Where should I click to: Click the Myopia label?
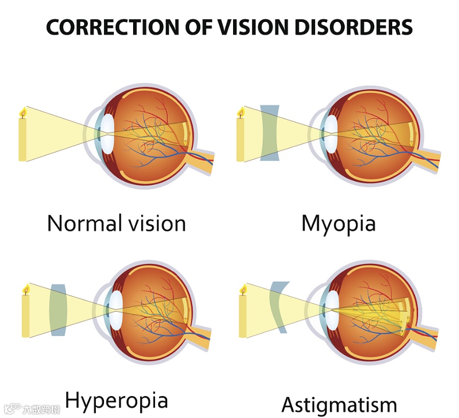pos(338,223)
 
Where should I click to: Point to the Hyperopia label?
pos(116,401)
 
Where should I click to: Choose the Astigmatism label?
pos(339,405)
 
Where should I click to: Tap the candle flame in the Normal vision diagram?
pos(22,112)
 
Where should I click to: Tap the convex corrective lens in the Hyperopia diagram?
pos(59,310)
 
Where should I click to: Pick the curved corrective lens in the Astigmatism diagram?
pos(278,307)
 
